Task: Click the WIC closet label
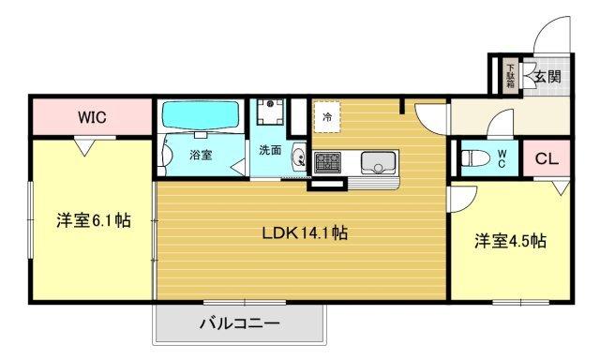[91, 117]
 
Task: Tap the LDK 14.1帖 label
[305, 233]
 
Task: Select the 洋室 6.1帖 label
[92, 221]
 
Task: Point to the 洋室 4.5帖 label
[510, 241]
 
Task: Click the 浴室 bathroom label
[200, 155]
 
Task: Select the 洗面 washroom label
[271, 149]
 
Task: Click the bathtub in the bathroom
[200, 116]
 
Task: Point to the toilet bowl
[475, 157]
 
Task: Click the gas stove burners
[328, 161]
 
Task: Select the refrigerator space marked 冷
[326, 117]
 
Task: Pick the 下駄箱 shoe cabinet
[510, 74]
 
